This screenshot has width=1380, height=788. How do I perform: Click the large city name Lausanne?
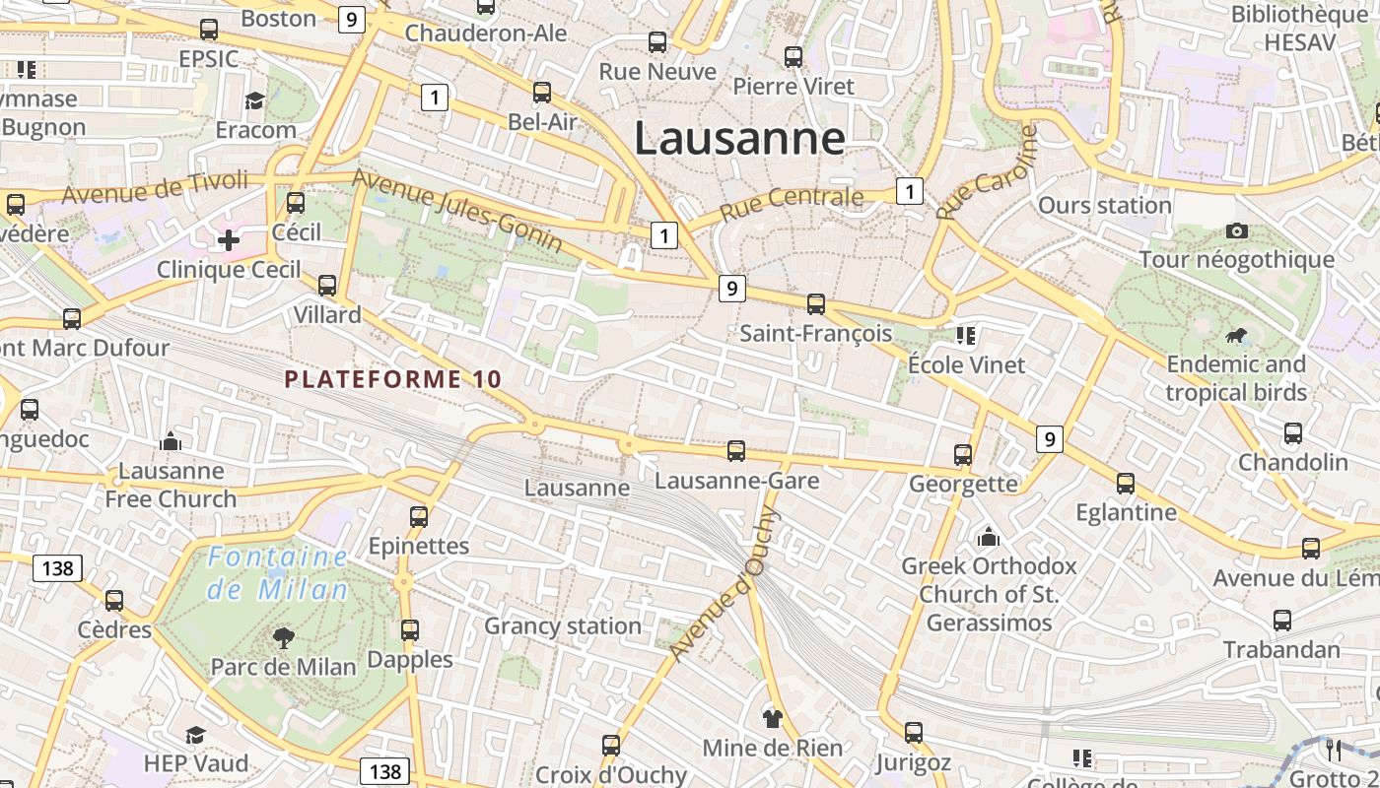coord(739,138)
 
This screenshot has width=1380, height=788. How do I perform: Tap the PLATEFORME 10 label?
coord(393,379)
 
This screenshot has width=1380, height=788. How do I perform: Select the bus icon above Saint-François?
coord(815,303)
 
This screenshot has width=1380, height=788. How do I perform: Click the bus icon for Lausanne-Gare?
coord(735,451)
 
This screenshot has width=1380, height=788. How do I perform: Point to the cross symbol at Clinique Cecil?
coord(229,239)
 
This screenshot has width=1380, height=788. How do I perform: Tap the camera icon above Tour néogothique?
coord(1236,231)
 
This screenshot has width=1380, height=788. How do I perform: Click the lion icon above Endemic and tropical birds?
coord(1235,337)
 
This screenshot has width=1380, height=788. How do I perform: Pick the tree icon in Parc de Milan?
coord(284,637)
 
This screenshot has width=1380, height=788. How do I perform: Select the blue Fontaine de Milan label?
coord(277,573)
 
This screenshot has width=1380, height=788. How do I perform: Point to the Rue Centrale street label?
coord(792,203)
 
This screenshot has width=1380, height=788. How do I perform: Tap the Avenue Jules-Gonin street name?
coord(457,210)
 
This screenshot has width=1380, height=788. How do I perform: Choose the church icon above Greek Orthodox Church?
coord(988,537)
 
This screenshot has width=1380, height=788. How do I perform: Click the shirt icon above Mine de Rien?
coord(772,718)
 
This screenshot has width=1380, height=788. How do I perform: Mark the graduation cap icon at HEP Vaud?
coord(195,735)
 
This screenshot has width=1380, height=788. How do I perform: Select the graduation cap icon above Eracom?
coord(255,100)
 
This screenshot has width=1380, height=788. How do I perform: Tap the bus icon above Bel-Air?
coord(541,93)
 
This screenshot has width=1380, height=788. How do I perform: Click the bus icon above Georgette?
coord(963,455)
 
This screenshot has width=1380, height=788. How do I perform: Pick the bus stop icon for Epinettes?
coord(418,517)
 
